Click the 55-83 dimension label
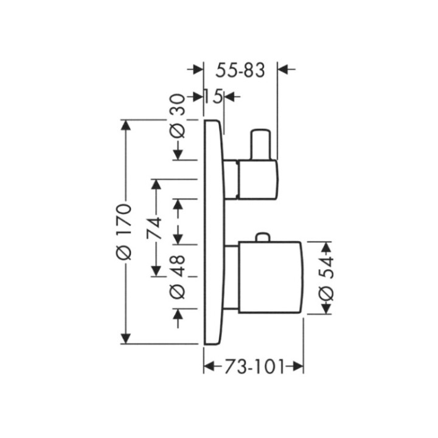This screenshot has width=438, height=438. [x=240, y=71]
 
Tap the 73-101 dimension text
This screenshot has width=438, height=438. [x=254, y=366]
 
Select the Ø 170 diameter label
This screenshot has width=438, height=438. [x=123, y=232]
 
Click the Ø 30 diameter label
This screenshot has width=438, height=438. [x=178, y=116]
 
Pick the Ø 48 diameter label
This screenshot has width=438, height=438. [x=178, y=277]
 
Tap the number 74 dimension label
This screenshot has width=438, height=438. [x=154, y=228]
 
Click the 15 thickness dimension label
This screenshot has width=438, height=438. [x=214, y=97]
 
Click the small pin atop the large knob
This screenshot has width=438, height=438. [x=263, y=237]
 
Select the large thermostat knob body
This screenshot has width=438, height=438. [x=270, y=277]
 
